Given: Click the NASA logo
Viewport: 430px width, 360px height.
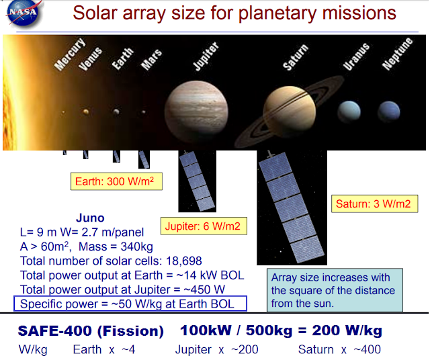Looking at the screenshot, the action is [x=24, y=13].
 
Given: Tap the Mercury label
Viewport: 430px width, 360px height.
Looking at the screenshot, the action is [x=70, y=54].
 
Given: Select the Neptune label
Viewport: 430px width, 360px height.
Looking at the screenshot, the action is [x=397, y=54].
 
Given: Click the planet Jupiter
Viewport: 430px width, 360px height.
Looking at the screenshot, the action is [x=196, y=111].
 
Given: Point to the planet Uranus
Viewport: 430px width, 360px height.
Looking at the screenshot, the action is [x=349, y=111].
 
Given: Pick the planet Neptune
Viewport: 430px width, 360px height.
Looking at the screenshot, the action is [x=388, y=111].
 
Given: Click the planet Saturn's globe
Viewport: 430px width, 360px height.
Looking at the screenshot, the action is [x=290, y=111].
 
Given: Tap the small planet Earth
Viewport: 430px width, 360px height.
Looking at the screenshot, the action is [x=116, y=112].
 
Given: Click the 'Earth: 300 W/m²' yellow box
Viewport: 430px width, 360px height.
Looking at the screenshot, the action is [x=116, y=181].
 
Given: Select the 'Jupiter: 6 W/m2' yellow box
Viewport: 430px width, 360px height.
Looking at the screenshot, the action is [x=204, y=226].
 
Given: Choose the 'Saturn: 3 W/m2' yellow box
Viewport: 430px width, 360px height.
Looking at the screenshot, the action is [x=375, y=204].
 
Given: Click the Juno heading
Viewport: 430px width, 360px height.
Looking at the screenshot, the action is [x=90, y=218].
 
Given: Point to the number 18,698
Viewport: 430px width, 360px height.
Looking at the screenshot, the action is [x=184, y=261].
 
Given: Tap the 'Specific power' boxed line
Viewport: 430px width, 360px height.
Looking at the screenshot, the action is [x=130, y=304].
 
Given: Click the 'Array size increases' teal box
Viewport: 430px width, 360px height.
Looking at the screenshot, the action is [x=335, y=290].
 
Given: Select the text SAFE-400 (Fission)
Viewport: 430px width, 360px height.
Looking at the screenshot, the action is [x=91, y=331].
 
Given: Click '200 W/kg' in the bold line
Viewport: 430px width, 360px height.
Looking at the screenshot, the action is [x=347, y=330].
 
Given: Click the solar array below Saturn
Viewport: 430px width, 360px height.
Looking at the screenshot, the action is [x=292, y=207].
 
